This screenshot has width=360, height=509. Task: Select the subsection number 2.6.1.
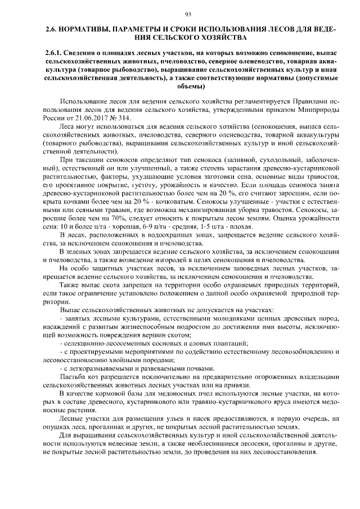click(x=55, y=52)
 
